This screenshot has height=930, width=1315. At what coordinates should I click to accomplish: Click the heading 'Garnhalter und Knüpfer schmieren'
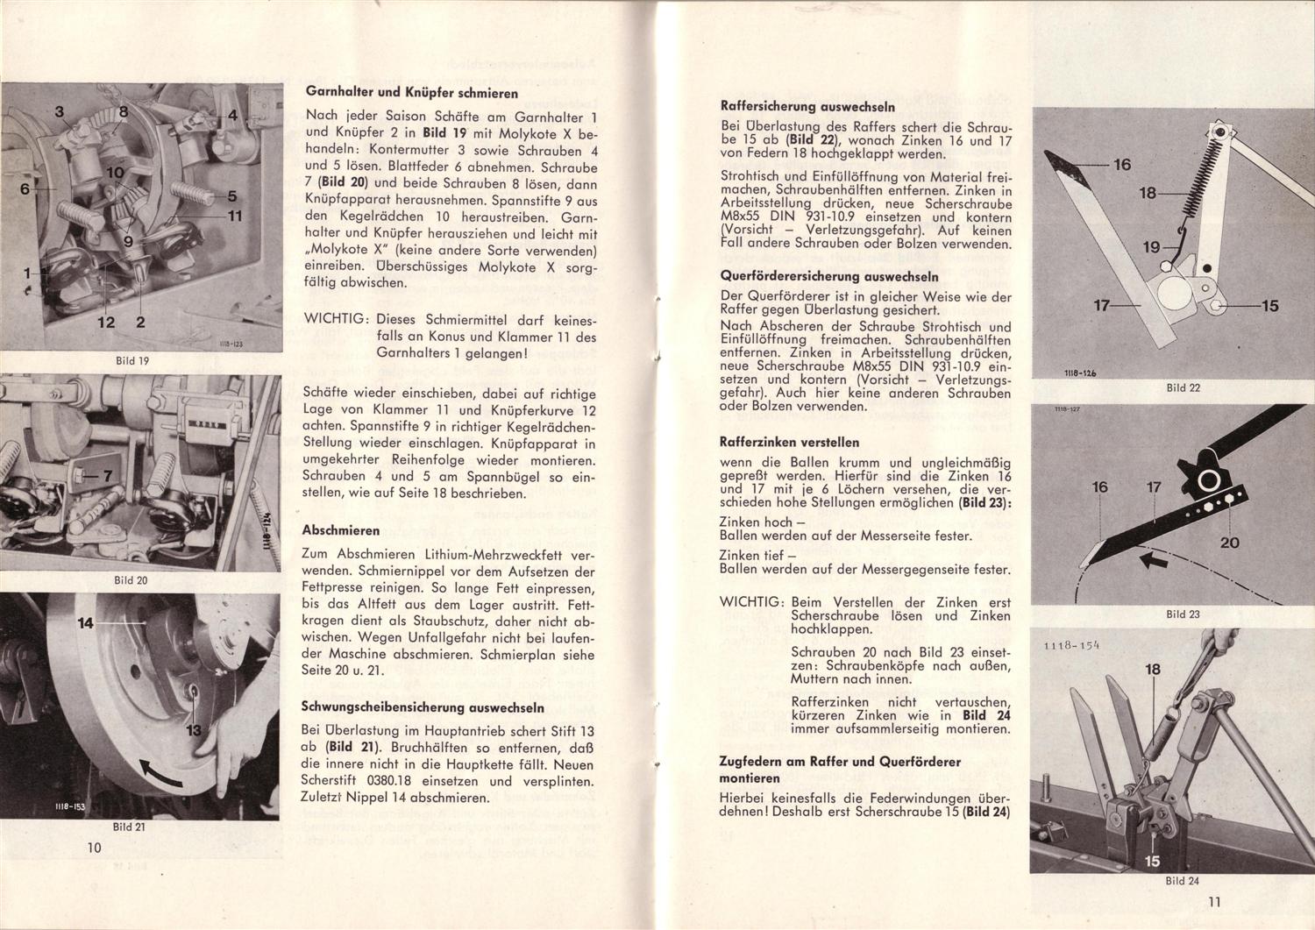pyautogui.click(x=411, y=93)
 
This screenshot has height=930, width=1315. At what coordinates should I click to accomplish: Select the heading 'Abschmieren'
pyautogui.click(x=340, y=530)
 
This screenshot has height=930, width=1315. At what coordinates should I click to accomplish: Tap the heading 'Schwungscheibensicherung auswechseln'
pyautogui.click(x=423, y=707)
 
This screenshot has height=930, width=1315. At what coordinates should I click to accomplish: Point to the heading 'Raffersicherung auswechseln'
pyautogui.click(x=807, y=106)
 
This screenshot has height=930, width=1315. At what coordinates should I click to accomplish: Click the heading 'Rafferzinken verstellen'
pyautogui.click(x=789, y=442)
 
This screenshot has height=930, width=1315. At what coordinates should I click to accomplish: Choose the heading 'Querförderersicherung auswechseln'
pyautogui.click(x=828, y=276)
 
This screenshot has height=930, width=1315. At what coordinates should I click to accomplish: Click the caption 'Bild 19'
pyautogui.click(x=132, y=360)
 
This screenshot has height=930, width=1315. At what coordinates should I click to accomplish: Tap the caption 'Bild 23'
pyautogui.click(x=1183, y=614)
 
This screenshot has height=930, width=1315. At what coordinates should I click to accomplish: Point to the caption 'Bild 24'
pyautogui.click(x=1183, y=881)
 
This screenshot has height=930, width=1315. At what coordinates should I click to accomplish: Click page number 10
pyautogui.click(x=95, y=848)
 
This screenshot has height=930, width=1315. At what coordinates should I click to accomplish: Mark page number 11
pyautogui.click(x=1213, y=901)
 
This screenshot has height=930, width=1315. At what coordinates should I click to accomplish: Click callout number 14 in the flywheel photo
pyautogui.click(x=86, y=624)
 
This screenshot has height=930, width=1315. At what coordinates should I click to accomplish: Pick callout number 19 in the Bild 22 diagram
pyautogui.click(x=1151, y=248)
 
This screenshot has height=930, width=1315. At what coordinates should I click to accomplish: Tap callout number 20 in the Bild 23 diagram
pyautogui.click(x=1230, y=543)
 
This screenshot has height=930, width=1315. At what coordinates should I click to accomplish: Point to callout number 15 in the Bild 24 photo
pyautogui.click(x=1152, y=861)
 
